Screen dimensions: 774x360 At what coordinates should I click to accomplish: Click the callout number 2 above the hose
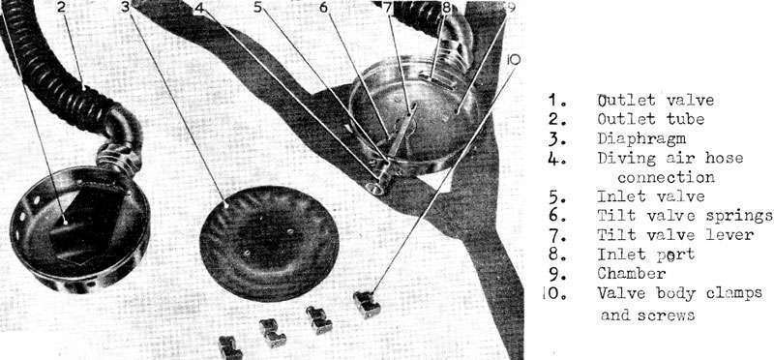point(61,8)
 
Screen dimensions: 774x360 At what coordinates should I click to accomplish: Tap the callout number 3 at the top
point(126,7)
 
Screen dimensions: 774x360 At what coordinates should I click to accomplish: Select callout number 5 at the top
point(258,7)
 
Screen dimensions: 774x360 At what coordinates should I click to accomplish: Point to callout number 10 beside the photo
point(514,60)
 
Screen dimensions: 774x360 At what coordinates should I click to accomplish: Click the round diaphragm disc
point(269,243)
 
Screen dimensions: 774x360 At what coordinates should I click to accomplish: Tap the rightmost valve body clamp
point(367,304)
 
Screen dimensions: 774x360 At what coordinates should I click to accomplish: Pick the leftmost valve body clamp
point(230,347)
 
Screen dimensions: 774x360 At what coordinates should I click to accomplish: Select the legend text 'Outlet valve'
point(655,101)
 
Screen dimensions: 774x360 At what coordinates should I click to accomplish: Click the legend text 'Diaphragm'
point(641,138)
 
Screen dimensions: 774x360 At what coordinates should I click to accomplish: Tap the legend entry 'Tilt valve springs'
point(685,216)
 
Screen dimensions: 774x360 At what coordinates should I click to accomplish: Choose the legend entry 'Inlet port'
point(645,255)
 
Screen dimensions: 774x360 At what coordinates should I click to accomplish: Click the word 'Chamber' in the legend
point(632,273)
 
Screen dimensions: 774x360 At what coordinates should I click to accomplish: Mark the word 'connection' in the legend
point(666,177)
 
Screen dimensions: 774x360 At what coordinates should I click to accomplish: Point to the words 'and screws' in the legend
point(647,315)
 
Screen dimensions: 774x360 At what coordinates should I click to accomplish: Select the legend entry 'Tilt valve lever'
point(675,234)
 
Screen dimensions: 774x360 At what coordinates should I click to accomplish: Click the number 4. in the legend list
point(555,159)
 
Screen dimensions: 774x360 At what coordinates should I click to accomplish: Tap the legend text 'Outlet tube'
point(650,119)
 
